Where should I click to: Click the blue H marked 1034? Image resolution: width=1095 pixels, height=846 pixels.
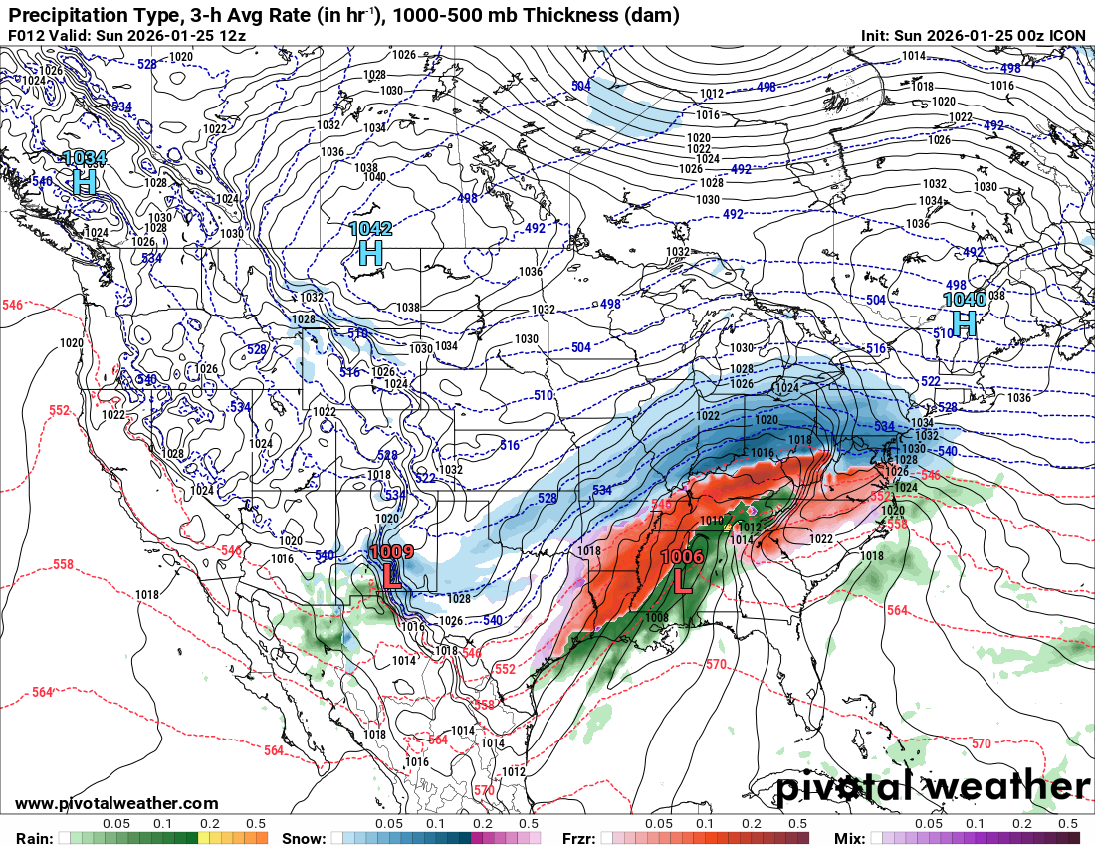click(x=85, y=182)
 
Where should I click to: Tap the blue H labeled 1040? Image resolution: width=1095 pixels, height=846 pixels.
click(x=964, y=322)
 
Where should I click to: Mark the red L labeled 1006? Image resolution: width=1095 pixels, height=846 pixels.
click(x=682, y=580)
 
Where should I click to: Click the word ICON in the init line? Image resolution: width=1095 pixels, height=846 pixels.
click(x=1067, y=36)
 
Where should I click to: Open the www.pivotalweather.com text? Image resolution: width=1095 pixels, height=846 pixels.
click(x=116, y=803)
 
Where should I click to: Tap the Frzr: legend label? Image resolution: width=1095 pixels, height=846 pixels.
click(x=579, y=838)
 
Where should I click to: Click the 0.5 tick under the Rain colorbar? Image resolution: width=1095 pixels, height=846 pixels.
click(x=256, y=824)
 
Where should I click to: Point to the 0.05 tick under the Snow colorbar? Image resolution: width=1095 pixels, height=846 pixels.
click(x=389, y=824)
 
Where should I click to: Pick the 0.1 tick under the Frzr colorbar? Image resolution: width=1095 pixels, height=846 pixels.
click(x=705, y=824)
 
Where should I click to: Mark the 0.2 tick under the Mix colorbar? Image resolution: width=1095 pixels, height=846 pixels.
click(x=1022, y=824)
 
